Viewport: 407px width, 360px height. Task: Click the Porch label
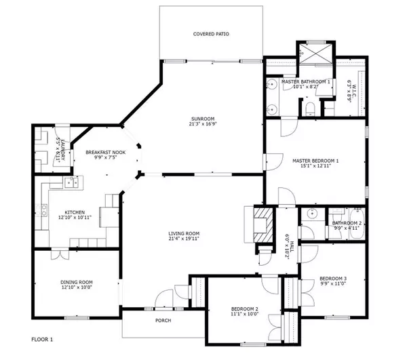163,321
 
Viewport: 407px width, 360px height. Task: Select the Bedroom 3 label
333,279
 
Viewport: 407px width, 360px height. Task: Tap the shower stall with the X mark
314,52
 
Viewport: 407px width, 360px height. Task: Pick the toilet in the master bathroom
310,108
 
